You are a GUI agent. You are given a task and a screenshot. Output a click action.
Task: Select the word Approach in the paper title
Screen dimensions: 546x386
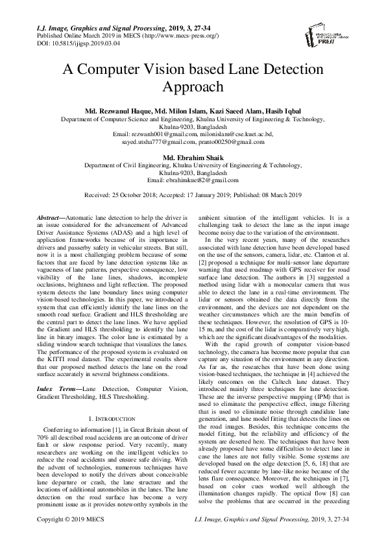(x=193, y=88)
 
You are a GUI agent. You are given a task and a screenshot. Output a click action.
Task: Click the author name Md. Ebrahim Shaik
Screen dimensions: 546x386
(x=193, y=157)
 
